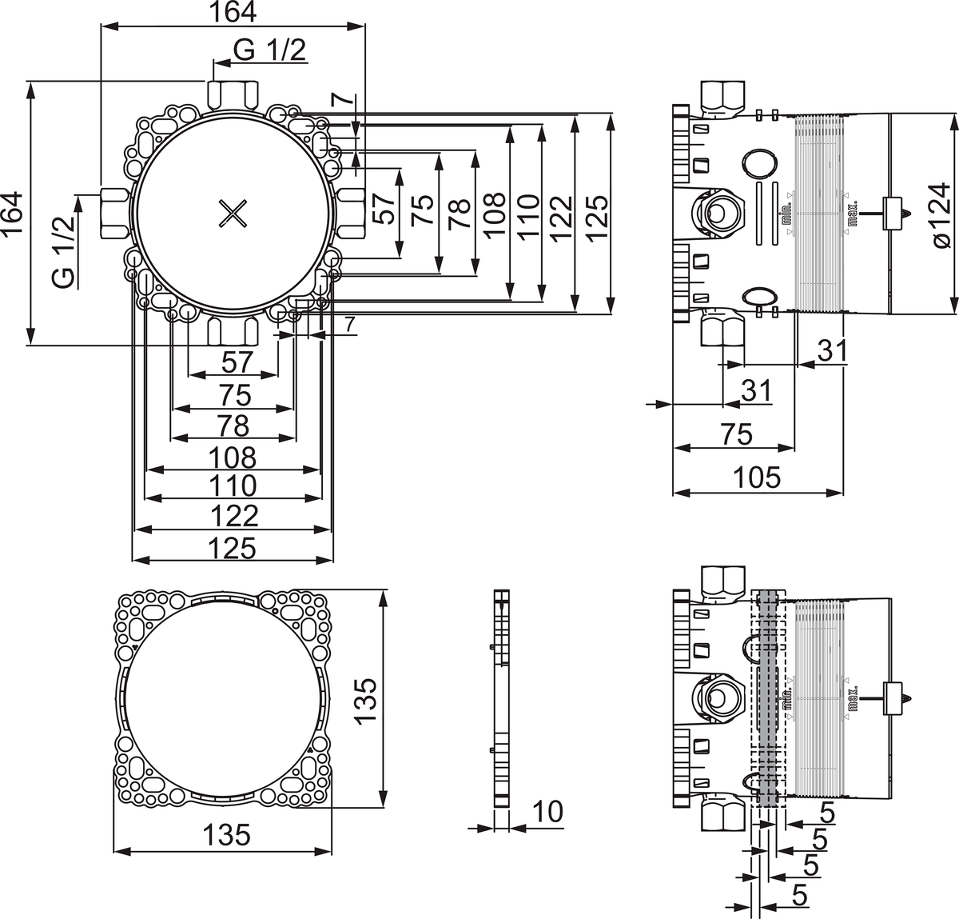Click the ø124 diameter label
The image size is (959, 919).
(941, 215)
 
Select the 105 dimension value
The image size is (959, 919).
(757, 477)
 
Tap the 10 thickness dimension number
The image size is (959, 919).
(547, 812)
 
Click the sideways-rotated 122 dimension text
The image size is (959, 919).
(561, 215)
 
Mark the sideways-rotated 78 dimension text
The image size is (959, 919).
(459, 215)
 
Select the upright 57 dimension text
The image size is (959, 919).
(237, 362)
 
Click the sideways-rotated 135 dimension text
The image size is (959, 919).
(364, 701)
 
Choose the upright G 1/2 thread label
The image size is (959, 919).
(269, 50)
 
